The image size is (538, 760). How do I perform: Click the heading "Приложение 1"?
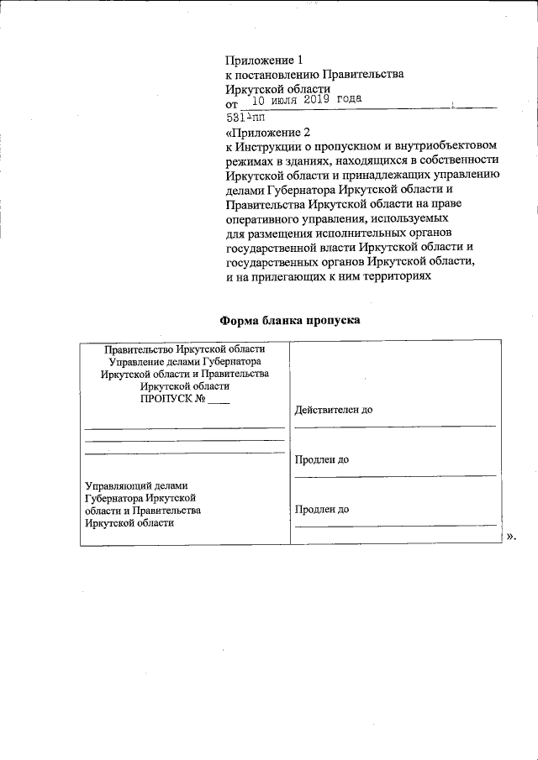pyautogui.click(x=264, y=60)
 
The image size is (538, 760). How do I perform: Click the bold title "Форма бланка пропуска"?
pyautogui.click(x=289, y=321)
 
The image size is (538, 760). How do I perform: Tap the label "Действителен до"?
pyautogui.click(x=334, y=411)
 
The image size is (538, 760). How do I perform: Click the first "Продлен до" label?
pyautogui.click(x=323, y=460)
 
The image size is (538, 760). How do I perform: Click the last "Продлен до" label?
pyautogui.click(x=323, y=509)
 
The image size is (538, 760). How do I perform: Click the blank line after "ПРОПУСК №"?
pyautogui.click(x=218, y=401)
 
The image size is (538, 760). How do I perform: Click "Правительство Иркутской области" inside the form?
pyautogui.click(x=184, y=349)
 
